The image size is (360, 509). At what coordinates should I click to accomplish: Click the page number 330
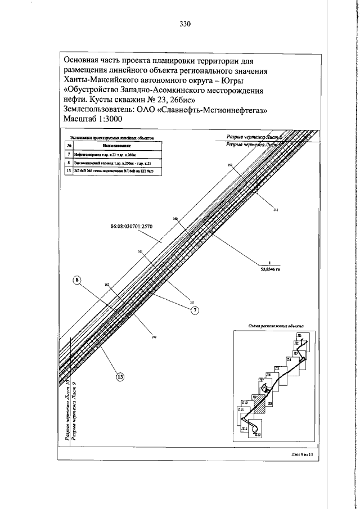coord(186,24)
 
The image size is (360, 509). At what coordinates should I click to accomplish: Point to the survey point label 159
coord(229,165)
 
